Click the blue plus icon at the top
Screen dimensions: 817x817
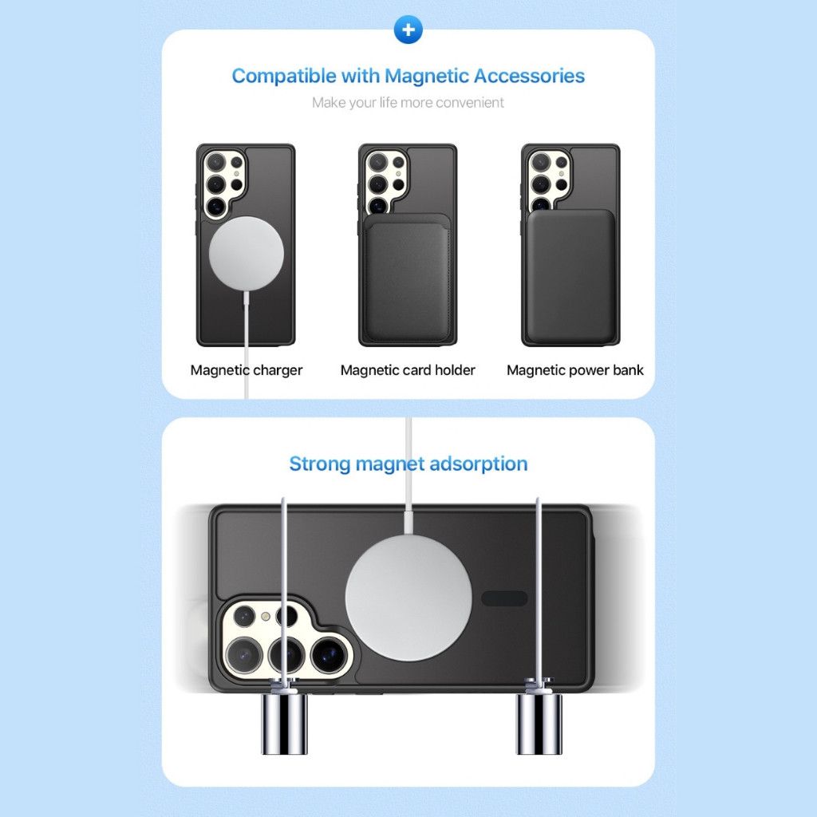tap(408, 30)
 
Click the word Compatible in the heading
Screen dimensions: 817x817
tap(284, 76)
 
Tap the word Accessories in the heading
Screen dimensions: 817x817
tap(529, 76)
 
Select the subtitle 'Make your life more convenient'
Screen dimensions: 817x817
tap(408, 103)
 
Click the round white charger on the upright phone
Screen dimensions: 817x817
tap(247, 254)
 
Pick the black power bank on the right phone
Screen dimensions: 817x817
tap(570, 277)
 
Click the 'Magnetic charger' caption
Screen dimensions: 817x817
tap(246, 370)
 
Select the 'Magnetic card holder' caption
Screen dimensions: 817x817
tap(408, 370)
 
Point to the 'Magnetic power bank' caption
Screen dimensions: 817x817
tap(574, 370)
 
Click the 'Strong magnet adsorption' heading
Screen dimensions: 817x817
tap(408, 464)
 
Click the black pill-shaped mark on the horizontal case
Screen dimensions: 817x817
tap(504, 598)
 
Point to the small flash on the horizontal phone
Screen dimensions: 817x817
tap(265, 617)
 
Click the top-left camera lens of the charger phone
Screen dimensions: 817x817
tap(215, 162)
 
